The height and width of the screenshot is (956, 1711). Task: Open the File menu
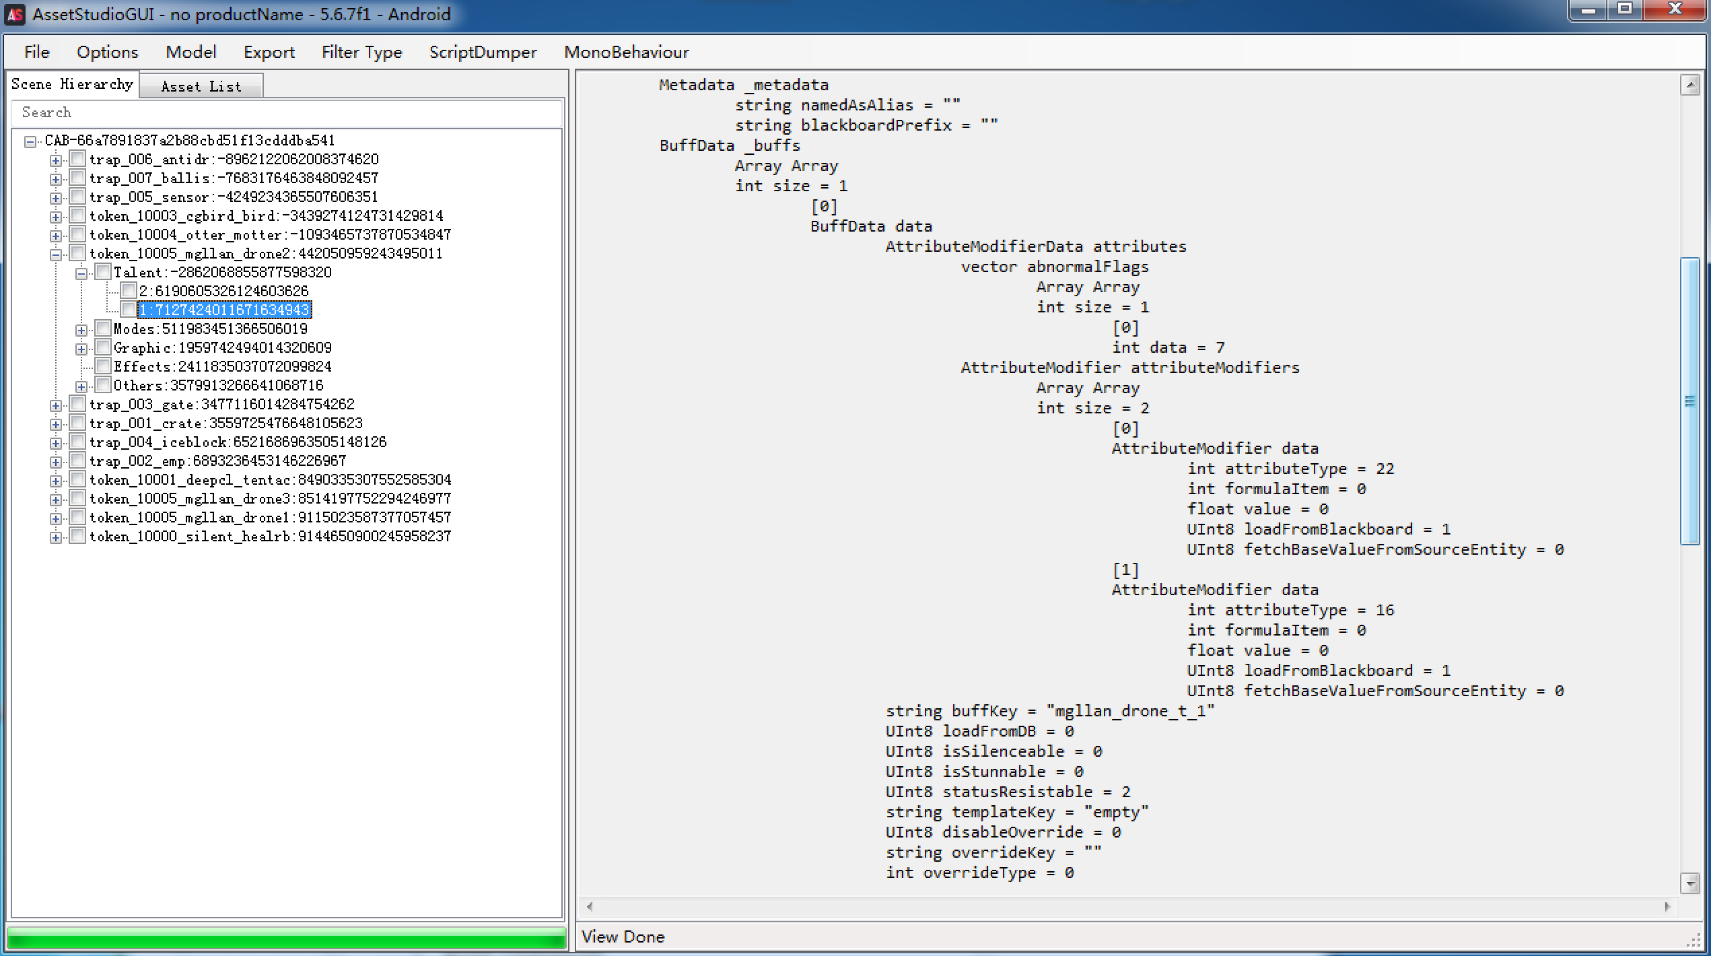(x=37, y=52)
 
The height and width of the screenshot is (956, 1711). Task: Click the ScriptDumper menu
(x=483, y=52)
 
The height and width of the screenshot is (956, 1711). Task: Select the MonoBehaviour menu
(x=627, y=52)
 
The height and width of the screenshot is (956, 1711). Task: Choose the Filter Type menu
(x=361, y=52)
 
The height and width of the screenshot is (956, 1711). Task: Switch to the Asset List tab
(x=201, y=86)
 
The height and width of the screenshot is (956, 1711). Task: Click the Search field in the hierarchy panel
(x=286, y=112)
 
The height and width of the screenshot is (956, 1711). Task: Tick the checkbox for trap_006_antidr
(x=78, y=159)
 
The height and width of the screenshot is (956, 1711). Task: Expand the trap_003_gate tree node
(x=56, y=405)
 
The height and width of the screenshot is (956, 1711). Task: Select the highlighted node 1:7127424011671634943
(x=225, y=310)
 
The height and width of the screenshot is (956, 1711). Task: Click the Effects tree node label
(x=222, y=366)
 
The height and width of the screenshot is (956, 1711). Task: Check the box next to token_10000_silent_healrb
(x=78, y=536)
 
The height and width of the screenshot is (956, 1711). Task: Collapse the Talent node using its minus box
(x=81, y=273)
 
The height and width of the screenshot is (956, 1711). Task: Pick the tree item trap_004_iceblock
(x=238, y=442)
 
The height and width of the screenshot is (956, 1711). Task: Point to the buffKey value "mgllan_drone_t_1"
(x=1131, y=711)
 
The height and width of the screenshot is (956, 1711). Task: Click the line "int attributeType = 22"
(x=1290, y=469)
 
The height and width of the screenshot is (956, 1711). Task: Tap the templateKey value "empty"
(x=1116, y=812)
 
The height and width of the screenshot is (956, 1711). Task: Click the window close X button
(x=1674, y=10)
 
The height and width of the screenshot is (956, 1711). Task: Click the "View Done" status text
(x=623, y=936)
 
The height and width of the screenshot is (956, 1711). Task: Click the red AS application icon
(x=15, y=14)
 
